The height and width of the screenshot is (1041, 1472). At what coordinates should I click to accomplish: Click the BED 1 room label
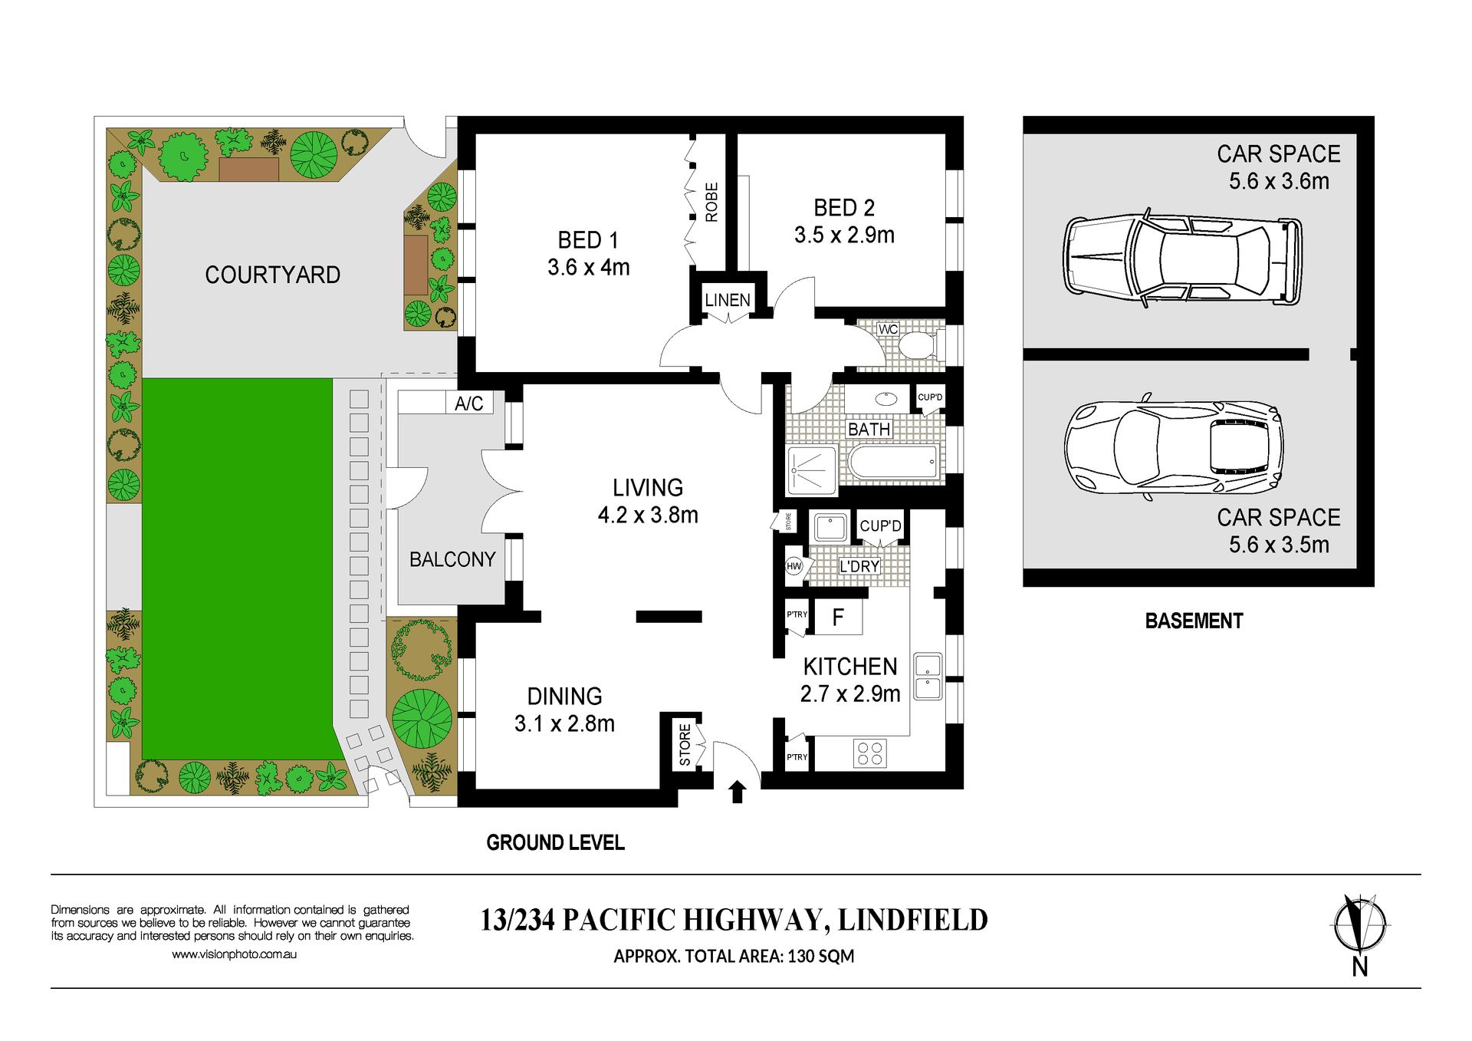coord(588,240)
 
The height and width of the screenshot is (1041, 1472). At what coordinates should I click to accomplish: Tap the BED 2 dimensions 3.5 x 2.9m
coord(844,235)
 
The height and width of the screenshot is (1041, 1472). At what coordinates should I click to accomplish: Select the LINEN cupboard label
coord(728,300)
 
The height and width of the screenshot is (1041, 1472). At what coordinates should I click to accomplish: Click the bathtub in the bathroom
coord(894,462)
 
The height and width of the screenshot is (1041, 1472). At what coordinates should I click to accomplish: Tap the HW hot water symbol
coord(794,566)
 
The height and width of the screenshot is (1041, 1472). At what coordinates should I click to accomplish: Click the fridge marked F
coord(838,617)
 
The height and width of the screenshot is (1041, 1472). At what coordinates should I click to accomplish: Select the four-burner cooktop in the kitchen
coord(870,753)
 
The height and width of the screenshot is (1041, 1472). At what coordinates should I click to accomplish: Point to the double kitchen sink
coord(928,676)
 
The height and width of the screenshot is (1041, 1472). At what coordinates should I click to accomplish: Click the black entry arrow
coord(738,792)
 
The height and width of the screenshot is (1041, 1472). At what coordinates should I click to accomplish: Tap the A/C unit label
coord(468,404)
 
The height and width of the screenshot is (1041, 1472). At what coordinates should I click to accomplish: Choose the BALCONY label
coord(452,559)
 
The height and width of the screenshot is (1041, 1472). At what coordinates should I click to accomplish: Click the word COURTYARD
coord(273,275)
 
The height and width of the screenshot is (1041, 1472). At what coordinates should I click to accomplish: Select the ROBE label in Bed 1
coord(711,202)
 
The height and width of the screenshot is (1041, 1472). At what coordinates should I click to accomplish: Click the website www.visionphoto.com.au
coord(234,954)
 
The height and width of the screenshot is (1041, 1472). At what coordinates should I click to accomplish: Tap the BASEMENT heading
coord(1194,621)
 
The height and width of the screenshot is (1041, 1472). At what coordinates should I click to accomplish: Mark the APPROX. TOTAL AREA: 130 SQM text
coord(734,956)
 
